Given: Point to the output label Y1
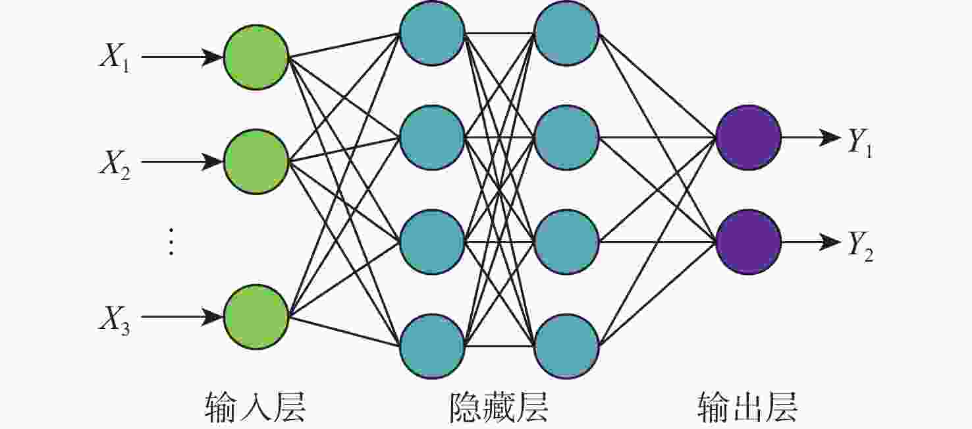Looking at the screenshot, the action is [861, 142].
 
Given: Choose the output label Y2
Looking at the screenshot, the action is [861, 247].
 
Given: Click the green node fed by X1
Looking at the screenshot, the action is [256, 57].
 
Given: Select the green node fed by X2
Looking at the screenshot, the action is [256, 161].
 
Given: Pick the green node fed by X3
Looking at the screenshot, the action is [256, 317].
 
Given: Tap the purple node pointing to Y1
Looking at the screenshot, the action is [748, 137].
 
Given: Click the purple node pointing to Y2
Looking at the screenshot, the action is [748, 242].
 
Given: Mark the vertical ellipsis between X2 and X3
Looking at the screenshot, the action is [171, 241].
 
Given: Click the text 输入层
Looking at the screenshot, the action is [255, 407].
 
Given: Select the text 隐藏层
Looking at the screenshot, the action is [498, 407].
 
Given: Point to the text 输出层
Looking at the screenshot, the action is [747, 407].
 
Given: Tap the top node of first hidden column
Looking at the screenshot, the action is [432, 33].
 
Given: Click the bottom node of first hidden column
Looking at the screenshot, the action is [432, 346].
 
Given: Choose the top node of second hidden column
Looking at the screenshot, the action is [566, 33].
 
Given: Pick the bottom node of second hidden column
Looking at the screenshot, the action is [566, 346].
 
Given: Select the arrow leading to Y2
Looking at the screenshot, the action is [811, 242].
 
